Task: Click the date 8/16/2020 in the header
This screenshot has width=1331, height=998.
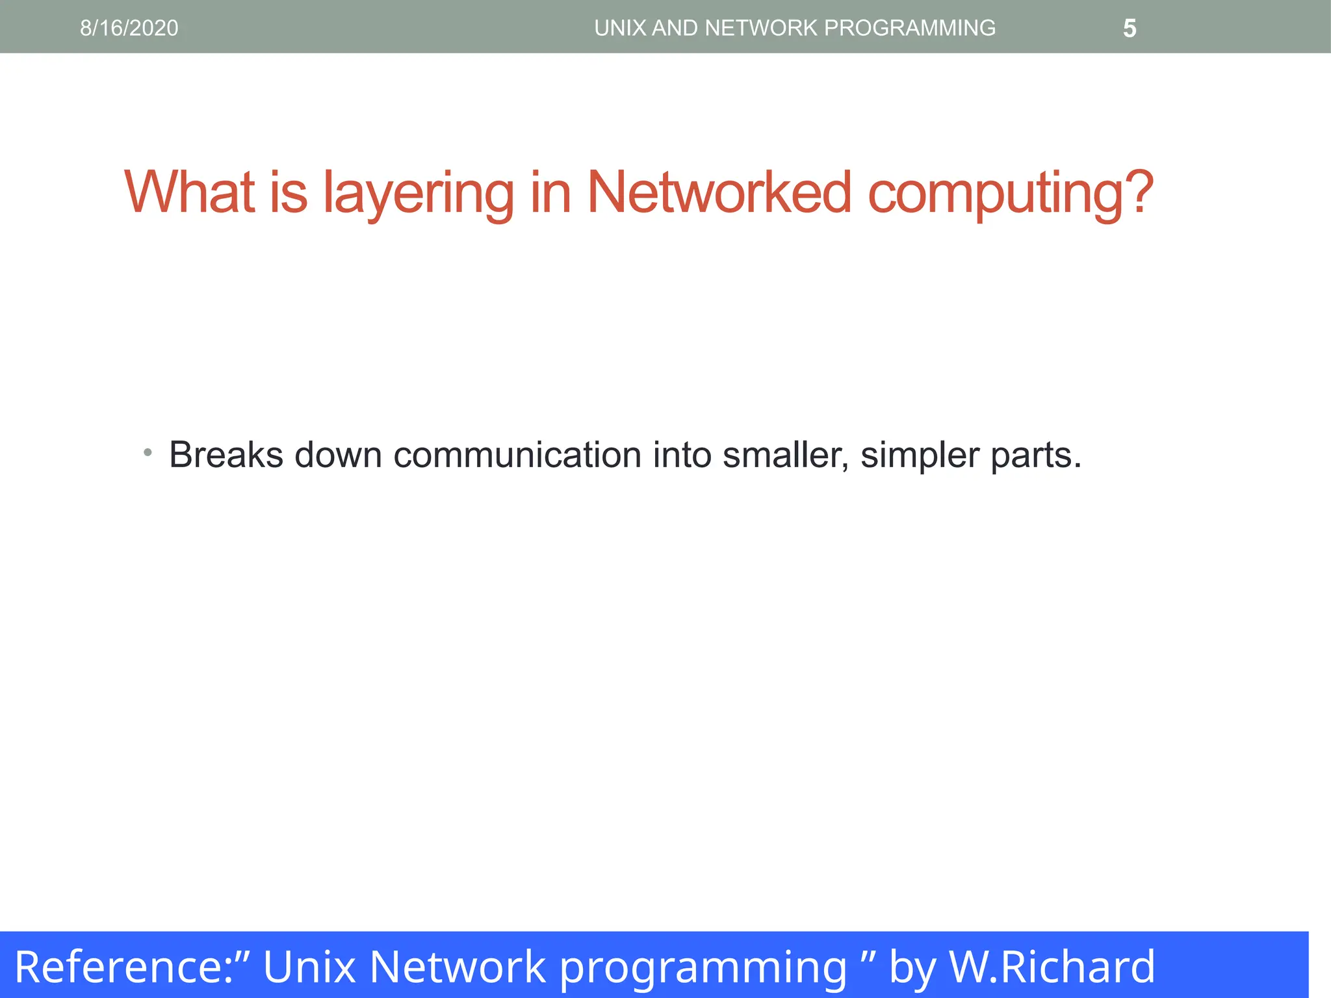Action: pyautogui.click(x=129, y=28)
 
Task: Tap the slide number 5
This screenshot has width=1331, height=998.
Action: pyautogui.click(x=1130, y=29)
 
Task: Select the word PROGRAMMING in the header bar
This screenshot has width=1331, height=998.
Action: pyautogui.click(x=909, y=28)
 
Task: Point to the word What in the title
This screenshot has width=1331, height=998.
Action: pyautogui.click(x=189, y=192)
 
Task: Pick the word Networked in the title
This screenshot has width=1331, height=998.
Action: pyautogui.click(x=719, y=192)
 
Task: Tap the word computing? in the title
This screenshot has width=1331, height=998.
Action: pyautogui.click(x=1011, y=194)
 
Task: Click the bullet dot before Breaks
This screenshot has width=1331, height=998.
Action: pyautogui.click(x=148, y=452)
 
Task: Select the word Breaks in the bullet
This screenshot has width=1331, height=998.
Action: pyautogui.click(x=226, y=454)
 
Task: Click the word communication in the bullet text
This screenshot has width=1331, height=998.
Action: pyautogui.click(x=517, y=454)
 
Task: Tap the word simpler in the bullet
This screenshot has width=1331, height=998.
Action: pyautogui.click(x=920, y=455)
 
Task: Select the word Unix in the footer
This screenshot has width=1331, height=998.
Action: pyautogui.click(x=309, y=967)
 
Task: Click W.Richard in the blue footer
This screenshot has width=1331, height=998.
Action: pyautogui.click(x=1052, y=967)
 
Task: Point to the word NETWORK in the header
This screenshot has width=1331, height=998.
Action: pyautogui.click(x=761, y=28)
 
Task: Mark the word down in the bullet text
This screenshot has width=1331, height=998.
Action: pyautogui.click(x=338, y=454)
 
